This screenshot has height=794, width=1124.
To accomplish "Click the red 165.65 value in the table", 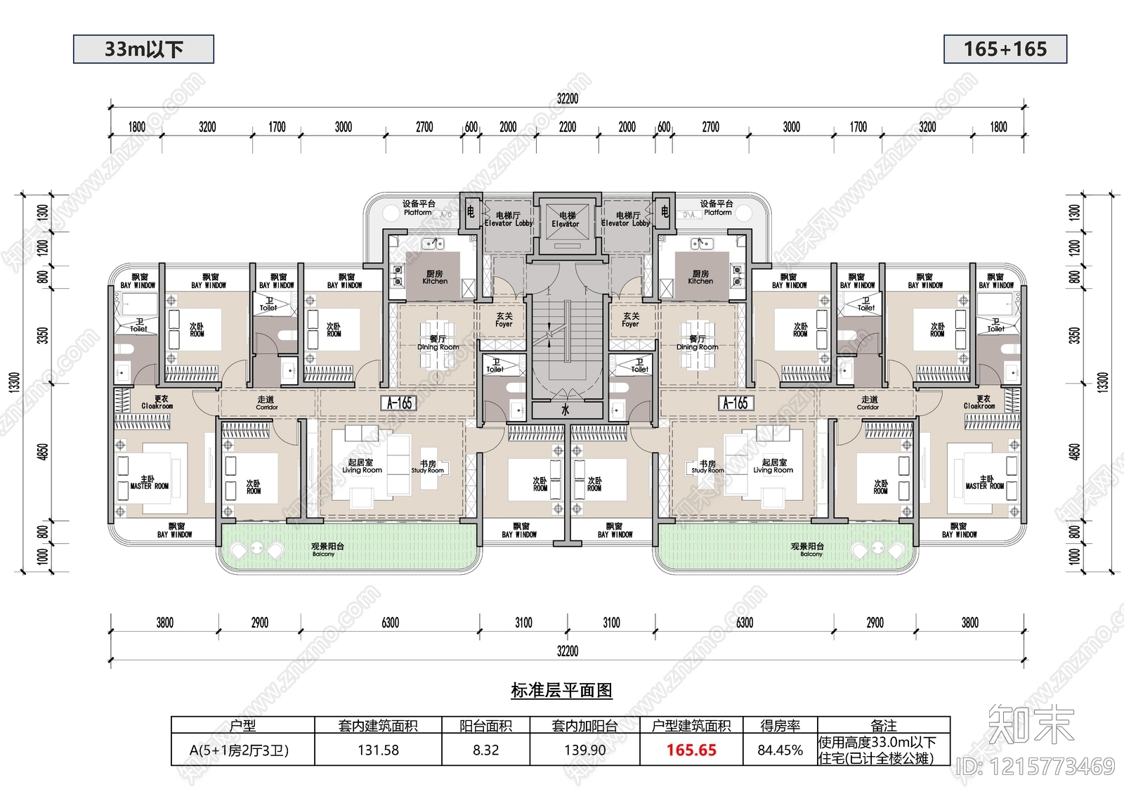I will click(691, 750).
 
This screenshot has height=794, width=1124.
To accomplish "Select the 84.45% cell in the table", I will click(780, 750).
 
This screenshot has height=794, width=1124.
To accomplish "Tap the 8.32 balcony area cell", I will click(485, 750).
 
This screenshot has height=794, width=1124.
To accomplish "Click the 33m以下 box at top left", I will click(143, 49).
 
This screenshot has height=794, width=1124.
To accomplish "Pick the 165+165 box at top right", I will click(1005, 49).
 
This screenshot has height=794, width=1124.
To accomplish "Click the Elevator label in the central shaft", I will click(566, 220).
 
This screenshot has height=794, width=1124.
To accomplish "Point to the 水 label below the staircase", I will click(566, 410).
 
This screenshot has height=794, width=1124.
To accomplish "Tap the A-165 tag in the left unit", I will click(399, 403).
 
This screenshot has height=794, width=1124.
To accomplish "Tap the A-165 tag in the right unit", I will click(736, 403).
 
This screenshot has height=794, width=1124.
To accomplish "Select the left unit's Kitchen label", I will click(435, 278).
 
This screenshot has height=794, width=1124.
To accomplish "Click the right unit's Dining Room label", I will click(697, 343).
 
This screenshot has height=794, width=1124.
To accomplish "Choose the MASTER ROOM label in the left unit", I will click(149, 483).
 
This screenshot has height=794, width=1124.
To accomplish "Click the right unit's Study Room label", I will click(707, 467).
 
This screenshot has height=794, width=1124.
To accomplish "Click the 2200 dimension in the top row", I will click(567, 127).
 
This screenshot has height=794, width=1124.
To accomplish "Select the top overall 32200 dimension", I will click(567, 98).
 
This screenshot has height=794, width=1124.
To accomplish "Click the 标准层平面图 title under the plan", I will click(561, 691).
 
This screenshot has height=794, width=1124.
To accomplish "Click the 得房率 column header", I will click(780, 726).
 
